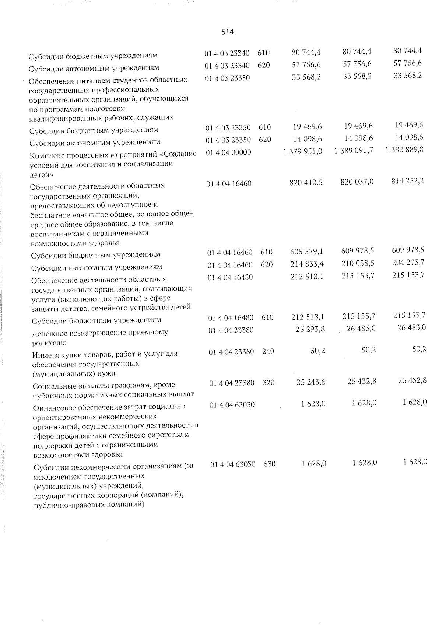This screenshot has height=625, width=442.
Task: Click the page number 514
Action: point(228,32)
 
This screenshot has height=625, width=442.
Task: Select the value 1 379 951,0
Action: point(303,151)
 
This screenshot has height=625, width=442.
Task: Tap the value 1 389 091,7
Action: point(354,151)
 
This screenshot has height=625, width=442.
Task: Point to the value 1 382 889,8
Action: point(404,150)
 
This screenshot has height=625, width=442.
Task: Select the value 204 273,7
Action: point(408,262)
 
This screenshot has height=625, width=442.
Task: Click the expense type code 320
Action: point(269,383)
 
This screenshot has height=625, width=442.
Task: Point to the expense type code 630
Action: point(270,464)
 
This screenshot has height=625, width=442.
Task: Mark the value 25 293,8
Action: point(310,329)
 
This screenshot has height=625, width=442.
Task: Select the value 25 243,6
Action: point(311,382)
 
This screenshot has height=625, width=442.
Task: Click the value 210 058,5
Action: point(357,263)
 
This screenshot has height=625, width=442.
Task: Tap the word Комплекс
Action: point(46,155)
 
